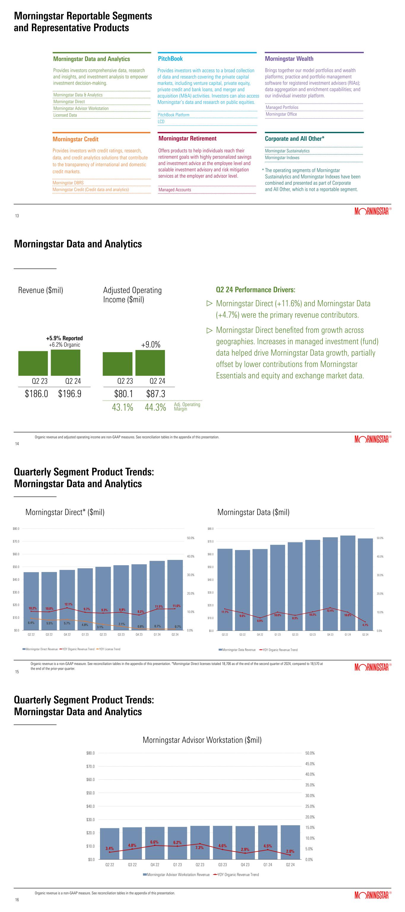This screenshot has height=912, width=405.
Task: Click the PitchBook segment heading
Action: pyautogui.click(x=170, y=59)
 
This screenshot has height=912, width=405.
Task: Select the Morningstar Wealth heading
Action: pyautogui.click(x=289, y=59)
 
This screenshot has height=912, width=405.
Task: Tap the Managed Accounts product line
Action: pyautogui.click(x=175, y=190)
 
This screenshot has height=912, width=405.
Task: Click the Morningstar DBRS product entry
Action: pyautogui.click(x=68, y=183)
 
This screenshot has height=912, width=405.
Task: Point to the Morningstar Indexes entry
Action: pyautogui.click(x=282, y=158)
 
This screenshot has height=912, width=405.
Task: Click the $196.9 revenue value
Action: pyautogui.click(x=70, y=394)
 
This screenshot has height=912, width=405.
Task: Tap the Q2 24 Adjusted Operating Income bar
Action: pyautogui.click(x=150, y=362)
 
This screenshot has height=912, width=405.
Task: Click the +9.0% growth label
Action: pyautogui.click(x=151, y=344)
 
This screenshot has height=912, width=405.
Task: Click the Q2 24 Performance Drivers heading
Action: pyautogui.click(x=255, y=290)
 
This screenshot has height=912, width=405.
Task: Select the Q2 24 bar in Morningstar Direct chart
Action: pyautogui.click(x=175, y=595)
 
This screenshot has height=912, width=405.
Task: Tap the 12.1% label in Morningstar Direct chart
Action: pyautogui.click(x=68, y=604)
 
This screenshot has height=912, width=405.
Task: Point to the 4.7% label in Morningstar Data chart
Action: pyautogui.click(x=365, y=625)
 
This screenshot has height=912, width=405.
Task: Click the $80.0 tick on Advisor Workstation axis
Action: pyautogui.click(x=91, y=753)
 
